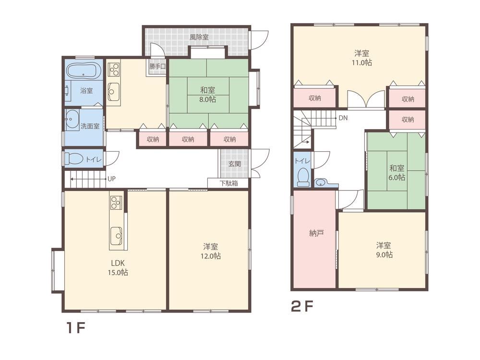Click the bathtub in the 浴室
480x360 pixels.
click(x=84, y=71)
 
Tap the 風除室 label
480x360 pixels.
click(x=199, y=37)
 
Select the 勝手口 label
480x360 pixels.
click(x=157, y=66)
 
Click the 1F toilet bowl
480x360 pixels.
click(x=74, y=159)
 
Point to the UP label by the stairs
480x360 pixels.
click(x=111, y=179)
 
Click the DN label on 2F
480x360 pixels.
click(x=343, y=118)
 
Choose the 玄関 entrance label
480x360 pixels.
click(x=235, y=164)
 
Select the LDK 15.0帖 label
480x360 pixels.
click(x=118, y=267)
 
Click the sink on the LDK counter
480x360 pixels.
click(x=116, y=236)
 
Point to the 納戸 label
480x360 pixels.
click(x=316, y=234)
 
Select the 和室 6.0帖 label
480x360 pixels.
click(x=397, y=173)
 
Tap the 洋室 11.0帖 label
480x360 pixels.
click(x=361, y=58)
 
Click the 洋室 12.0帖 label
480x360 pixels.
click(x=211, y=251)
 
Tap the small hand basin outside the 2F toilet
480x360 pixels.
click(x=320, y=183)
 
